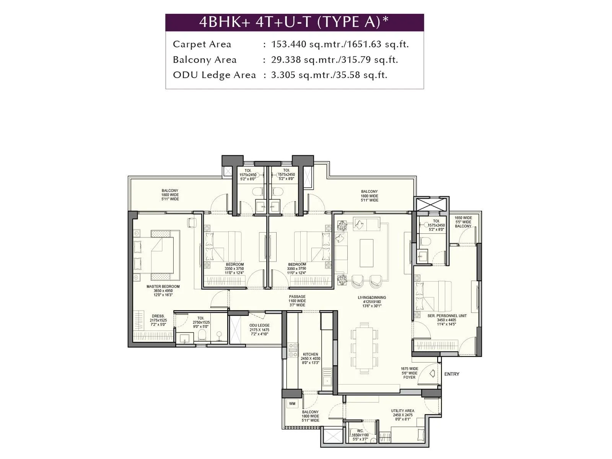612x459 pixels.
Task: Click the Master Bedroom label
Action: coord(163,291)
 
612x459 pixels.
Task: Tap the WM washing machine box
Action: coord(292,404)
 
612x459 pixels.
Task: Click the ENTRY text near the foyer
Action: coord(451,374)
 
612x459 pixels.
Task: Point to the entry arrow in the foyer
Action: coord(432,373)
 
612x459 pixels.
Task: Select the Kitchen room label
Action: coord(310,358)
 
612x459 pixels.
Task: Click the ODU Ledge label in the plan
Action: coord(259,330)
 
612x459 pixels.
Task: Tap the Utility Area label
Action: coord(402,415)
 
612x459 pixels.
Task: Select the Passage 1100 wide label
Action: coord(297,301)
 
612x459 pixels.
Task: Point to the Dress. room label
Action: coord(158,321)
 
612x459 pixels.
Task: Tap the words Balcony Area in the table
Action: coord(205,60)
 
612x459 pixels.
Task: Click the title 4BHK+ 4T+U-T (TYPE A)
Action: coord(294,22)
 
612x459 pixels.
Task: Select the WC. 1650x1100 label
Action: coord(360,435)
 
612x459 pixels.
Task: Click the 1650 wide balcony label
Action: coord(463,222)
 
